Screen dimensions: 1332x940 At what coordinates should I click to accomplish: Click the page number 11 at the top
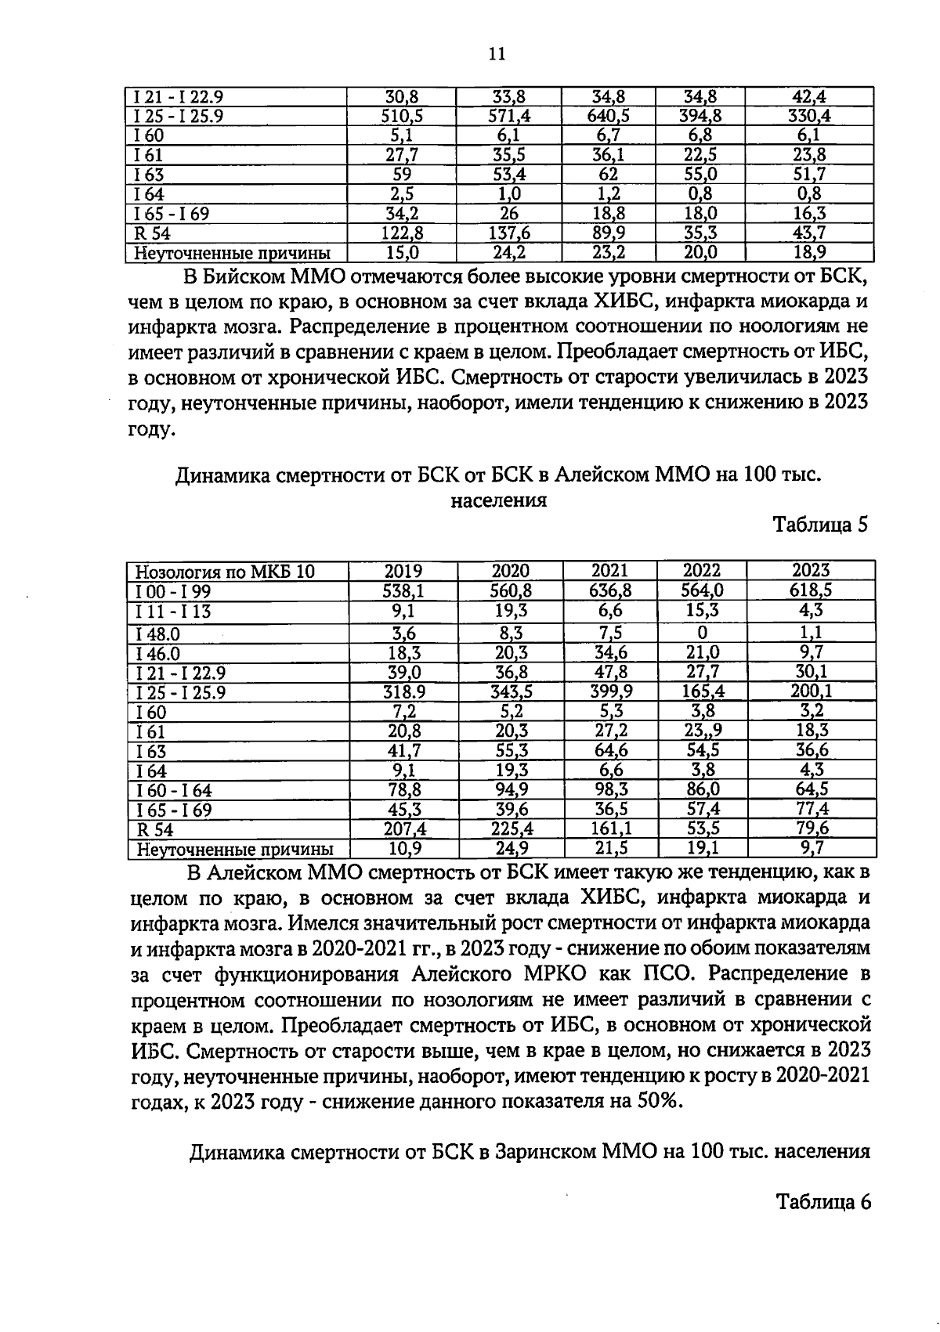click(x=497, y=53)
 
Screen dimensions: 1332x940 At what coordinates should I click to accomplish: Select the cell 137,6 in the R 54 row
click(x=510, y=233)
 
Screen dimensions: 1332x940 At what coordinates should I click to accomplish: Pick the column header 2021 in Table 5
click(x=609, y=571)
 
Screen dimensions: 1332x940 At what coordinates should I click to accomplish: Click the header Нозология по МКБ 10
click(x=226, y=572)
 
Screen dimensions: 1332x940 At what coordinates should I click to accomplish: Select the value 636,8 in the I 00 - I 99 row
click(x=609, y=590)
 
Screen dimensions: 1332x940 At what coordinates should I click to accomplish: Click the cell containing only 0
click(x=702, y=632)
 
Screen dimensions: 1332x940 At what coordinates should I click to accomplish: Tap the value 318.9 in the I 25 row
click(x=403, y=691)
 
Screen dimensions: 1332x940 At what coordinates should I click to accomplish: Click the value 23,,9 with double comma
click(x=702, y=731)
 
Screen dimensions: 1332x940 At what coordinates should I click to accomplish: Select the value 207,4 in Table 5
click(x=404, y=828)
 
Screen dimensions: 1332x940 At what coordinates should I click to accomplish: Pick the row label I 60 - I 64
click(x=174, y=791)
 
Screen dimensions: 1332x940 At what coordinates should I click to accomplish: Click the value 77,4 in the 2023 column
click(x=811, y=809)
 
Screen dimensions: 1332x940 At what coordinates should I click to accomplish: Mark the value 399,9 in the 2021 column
click(x=610, y=691)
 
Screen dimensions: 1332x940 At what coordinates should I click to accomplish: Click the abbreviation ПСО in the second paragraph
click(x=712, y=973)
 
